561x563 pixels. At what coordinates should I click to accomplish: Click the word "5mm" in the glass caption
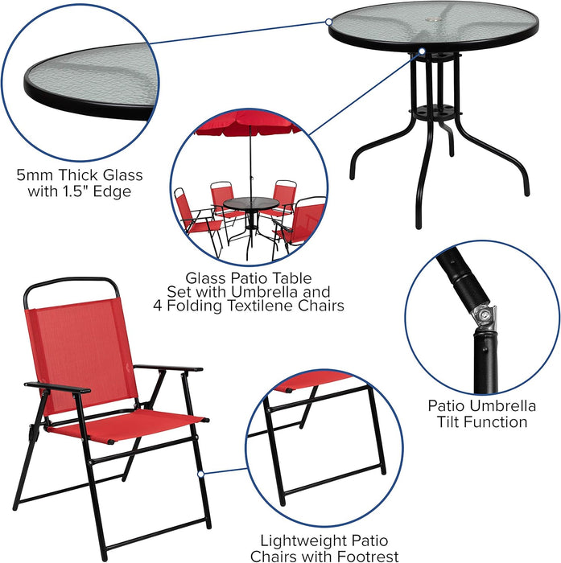(35, 175)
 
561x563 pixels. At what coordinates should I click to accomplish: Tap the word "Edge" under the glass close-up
(112, 191)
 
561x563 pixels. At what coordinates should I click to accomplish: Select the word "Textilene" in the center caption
(262, 306)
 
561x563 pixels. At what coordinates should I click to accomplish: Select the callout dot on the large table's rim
(328, 22)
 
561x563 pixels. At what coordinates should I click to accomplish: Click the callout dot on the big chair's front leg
(201, 475)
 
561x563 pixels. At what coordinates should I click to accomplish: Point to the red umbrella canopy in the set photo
(248, 123)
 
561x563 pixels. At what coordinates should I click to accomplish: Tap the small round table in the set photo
(251, 203)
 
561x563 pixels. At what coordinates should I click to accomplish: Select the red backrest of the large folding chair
(81, 354)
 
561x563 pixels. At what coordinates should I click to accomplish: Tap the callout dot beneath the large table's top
(422, 51)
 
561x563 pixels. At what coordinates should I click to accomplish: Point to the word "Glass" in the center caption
(206, 278)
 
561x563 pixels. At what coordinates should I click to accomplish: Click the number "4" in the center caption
(158, 306)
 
